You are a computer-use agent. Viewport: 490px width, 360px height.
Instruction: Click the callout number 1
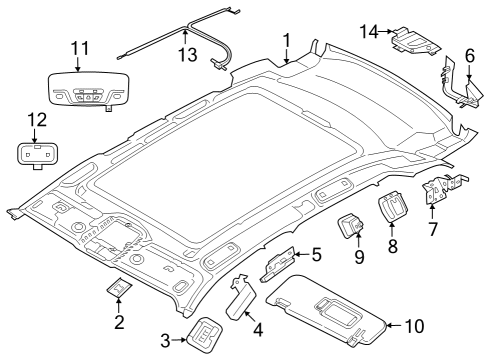[287, 41]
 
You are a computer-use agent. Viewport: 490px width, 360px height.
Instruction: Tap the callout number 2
[118, 321]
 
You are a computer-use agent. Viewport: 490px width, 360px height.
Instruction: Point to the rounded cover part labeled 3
[204, 335]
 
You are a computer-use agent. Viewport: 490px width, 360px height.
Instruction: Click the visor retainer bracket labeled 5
[279, 264]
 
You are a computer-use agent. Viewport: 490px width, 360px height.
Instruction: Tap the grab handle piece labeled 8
[393, 212]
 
